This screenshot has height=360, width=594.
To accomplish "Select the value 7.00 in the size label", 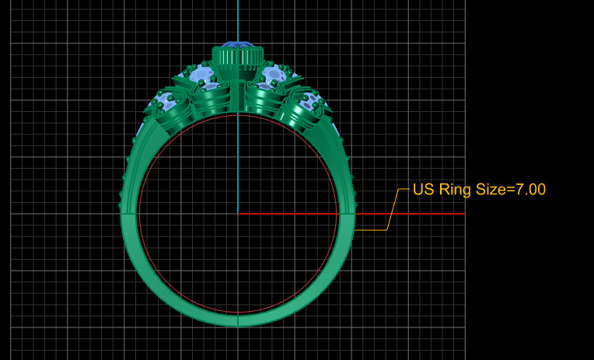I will pos(526,189).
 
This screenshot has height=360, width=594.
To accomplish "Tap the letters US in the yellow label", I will pos(422,189).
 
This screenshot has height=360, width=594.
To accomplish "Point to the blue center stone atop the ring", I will pos(238,44).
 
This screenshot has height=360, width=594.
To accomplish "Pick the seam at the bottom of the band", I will pos(238,320).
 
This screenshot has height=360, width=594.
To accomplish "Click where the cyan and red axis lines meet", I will pos(238,213).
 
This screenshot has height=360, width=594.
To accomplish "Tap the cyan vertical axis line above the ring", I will pos(238,19).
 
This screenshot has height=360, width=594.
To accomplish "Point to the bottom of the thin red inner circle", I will pos(238,313).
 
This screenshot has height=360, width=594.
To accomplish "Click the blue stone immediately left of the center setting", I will pos(201,76).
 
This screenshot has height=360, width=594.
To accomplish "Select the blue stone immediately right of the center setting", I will pos(274,76).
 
